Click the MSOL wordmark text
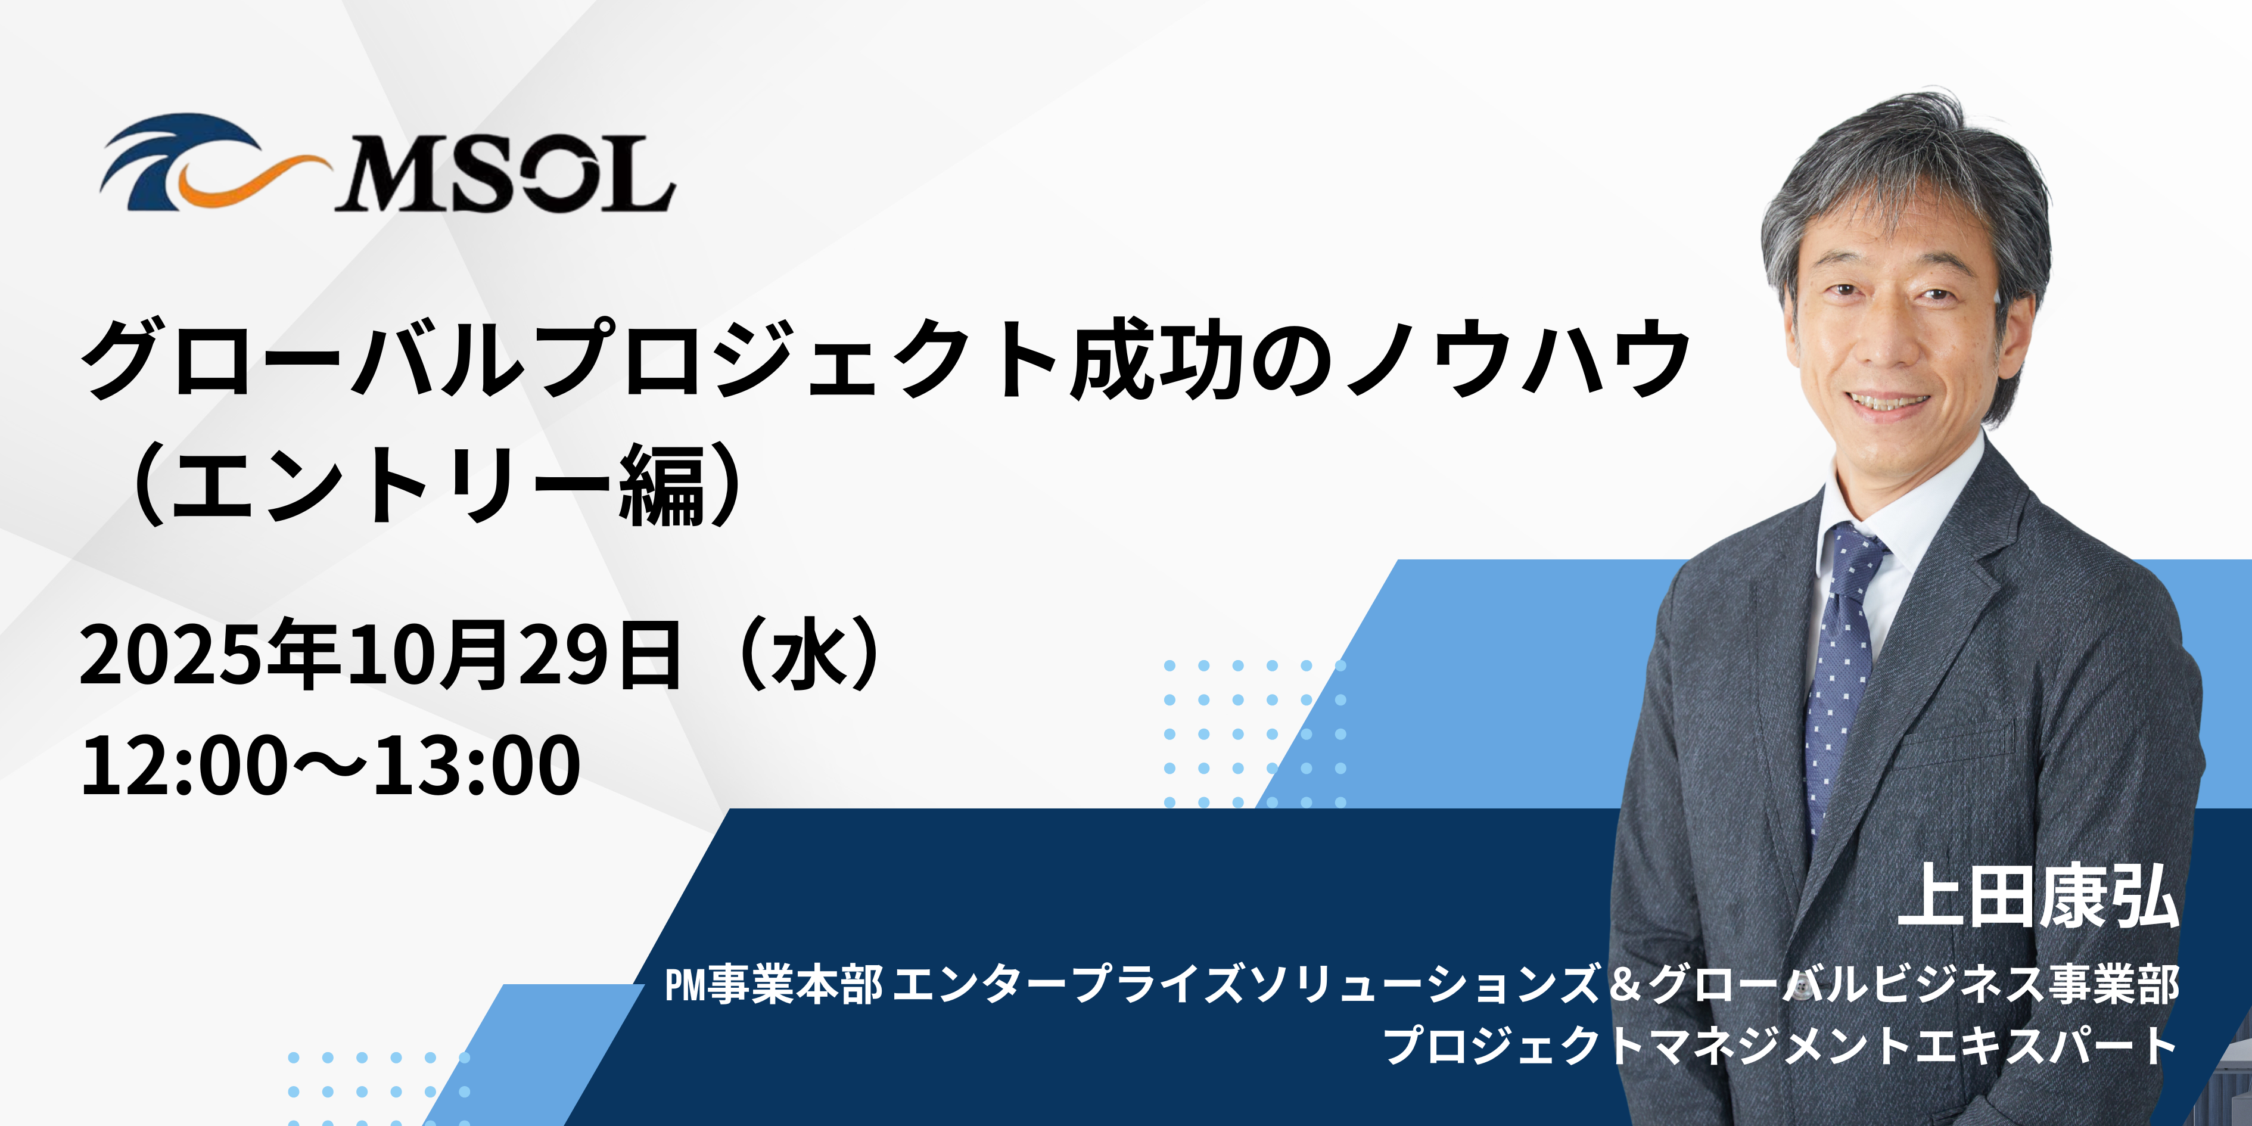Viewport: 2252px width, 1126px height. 505,174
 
